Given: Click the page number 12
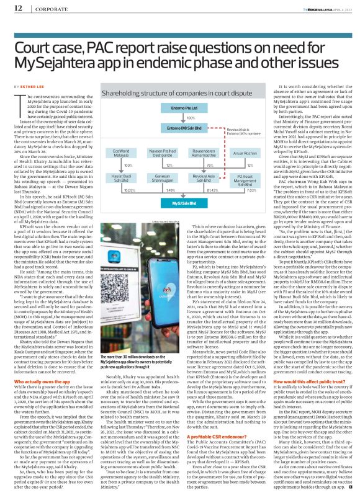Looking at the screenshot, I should pos(18,7).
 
